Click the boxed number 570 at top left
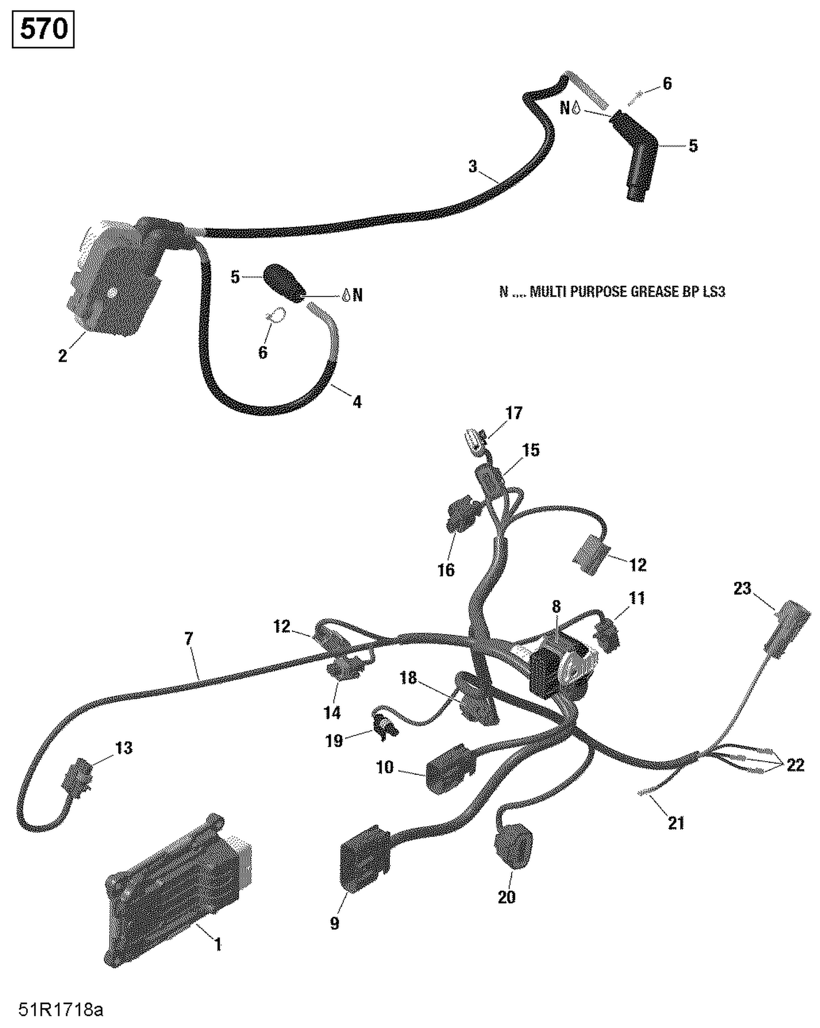click(43, 30)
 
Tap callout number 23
click(742, 589)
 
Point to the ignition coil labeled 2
click(115, 279)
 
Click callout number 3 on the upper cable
click(472, 166)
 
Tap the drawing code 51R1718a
click(60, 1010)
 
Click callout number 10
click(385, 767)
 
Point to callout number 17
click(514, 413)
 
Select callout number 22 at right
click(795, 764)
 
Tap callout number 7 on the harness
click(189, 638)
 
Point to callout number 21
click(676, 822)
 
